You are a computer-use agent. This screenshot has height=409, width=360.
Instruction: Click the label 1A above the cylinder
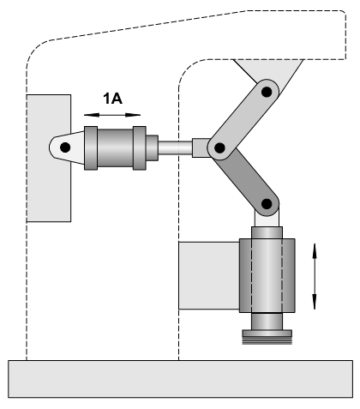(x=112, y=99)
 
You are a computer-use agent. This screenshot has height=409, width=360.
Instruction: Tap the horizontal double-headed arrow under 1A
(x=112, y=115)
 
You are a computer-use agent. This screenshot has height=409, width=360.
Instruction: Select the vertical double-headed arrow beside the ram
(x=315, y=276)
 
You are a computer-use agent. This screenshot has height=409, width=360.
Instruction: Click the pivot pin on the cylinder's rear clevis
(x=65, y=147)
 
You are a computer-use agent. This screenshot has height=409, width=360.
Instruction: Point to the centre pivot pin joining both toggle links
(x=219, y=147)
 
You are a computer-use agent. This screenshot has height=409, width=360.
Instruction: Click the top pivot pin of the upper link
(x=267, y=92)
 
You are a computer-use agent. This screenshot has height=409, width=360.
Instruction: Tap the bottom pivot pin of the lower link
(x=267, y=204)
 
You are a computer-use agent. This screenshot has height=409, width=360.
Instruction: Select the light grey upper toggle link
(x=243, y=120)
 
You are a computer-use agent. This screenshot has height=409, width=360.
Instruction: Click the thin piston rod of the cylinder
(x=175, y=147)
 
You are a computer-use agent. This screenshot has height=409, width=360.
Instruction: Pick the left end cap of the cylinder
(x=91, y=148)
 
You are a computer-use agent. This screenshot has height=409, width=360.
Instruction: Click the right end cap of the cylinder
(x=140, y=148)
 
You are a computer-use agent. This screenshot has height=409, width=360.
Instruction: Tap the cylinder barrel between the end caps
(x=115, y=148)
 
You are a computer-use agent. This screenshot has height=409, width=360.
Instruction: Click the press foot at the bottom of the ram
(x=267, y=337)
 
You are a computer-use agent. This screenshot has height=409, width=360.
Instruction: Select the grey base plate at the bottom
(x=180, y=379)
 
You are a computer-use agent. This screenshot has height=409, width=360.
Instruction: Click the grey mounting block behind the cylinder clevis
(x=49, y=158)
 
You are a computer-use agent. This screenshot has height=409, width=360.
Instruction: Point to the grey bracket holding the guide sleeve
(x=209, y=275)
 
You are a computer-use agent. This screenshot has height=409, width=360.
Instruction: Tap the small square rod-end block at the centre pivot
(x=201, y=147)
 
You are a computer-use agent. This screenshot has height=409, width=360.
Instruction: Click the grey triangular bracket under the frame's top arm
(x=268, y=75)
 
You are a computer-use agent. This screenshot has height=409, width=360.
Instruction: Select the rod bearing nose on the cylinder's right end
(x=152, y=148)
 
